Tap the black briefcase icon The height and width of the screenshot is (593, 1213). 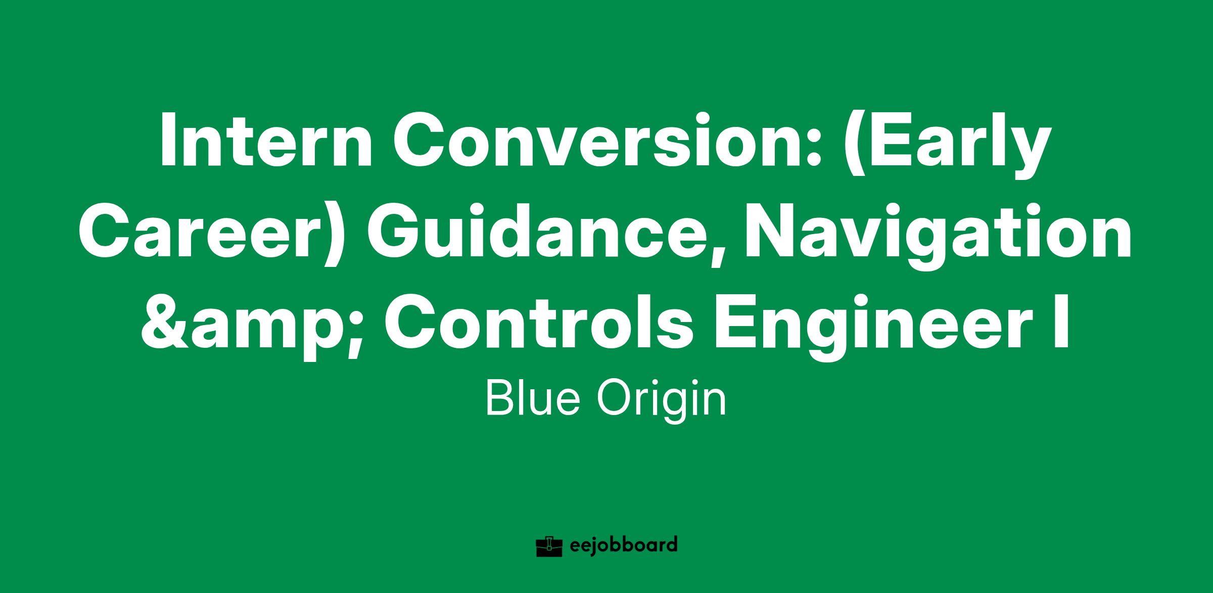point(549,546)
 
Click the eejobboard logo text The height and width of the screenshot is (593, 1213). point(623,546)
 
